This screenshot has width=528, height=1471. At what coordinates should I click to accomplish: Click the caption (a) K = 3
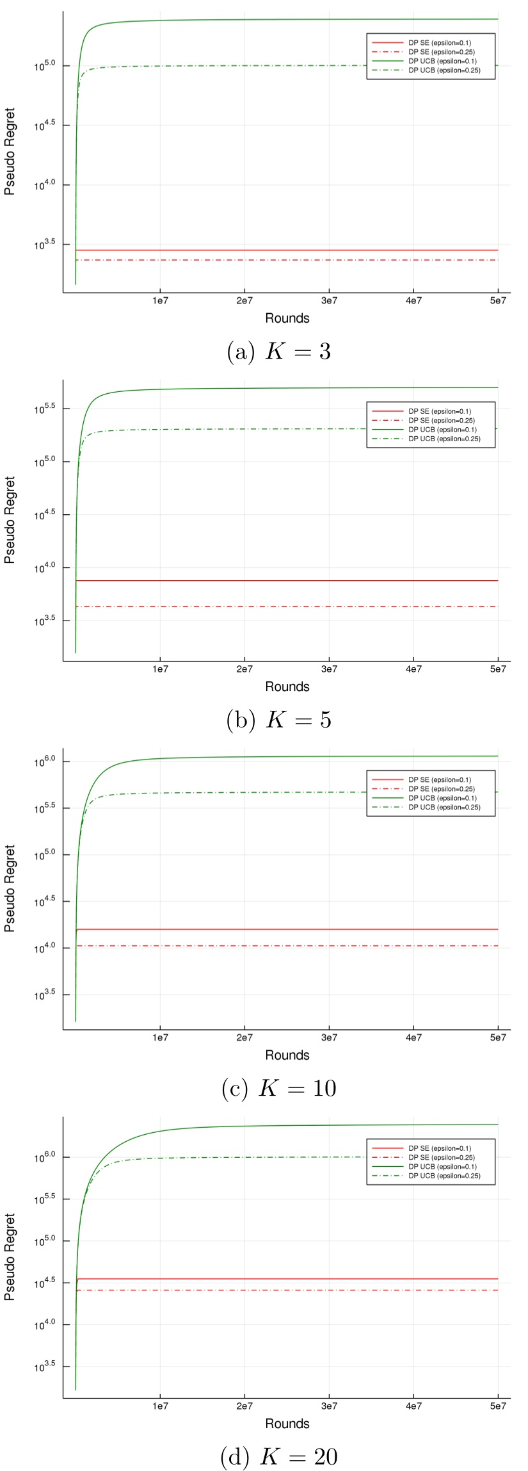(279, 352)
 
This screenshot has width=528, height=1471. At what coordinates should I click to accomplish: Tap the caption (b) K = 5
(279, 720)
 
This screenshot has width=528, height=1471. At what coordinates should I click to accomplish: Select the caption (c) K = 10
(279, 1088)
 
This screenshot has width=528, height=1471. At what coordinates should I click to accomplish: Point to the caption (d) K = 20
(279, 1456)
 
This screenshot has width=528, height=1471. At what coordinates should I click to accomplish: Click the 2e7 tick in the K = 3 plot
(244, 301)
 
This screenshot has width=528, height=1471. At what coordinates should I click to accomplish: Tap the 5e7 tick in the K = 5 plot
(498, 669)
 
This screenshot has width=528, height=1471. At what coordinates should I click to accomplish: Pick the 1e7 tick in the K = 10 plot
(160, 1037)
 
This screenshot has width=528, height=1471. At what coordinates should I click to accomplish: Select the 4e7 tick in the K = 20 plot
(413, 1406)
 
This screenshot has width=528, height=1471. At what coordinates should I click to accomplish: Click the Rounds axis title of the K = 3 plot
(287, 318)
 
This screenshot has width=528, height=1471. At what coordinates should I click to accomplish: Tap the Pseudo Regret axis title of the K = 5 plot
(10, 519)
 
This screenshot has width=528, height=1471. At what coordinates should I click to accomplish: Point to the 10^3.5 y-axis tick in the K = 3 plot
(45, 243)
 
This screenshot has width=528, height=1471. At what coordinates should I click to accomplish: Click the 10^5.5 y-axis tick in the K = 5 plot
(45, 407)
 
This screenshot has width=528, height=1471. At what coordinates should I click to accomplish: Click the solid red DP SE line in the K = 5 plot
(288, 580)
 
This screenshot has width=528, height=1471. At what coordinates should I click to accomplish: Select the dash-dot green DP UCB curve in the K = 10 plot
(288, 792)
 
